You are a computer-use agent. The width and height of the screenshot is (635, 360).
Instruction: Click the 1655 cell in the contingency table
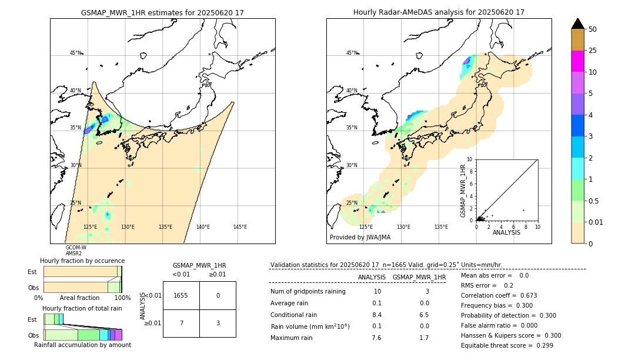pyautogui.click(x=181, y=296)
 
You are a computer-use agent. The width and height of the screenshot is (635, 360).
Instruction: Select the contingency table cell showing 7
pyautogui.click(x=181, y=323)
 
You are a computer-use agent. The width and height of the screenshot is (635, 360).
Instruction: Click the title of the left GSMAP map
pyautogui.click(x=162, y=12)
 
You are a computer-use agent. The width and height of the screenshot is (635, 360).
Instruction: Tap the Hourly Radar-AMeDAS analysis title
pyautogui.click(x=439, y=12)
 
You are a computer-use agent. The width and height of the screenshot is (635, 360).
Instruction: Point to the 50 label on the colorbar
pyautogui.click(x=593, y=29)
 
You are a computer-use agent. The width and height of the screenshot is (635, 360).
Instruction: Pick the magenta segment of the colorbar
pyautogui.click(x=578, y=61)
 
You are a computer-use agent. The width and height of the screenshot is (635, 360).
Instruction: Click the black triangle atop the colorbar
pyautogui.click(x=578, y=24)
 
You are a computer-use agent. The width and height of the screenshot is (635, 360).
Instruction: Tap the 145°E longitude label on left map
pyautogui.click(x=240, y=227)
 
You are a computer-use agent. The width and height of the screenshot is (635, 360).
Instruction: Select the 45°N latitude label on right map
pyautogui.click(x=352, y=53)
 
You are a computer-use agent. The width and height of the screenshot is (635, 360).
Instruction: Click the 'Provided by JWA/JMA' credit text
pyautogui.click(x=360, y=238)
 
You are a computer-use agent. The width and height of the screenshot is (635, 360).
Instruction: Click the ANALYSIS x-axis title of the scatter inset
pyautogui.click(x=506, y=233)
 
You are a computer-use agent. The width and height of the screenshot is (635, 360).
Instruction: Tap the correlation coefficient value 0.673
pyautogui.click(x=524, y=295)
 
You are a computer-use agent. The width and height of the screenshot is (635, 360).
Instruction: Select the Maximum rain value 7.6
pyautogui.click(x=376, y=338)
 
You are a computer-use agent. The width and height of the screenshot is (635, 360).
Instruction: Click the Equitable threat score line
pyautogui.click(x=507, y=345)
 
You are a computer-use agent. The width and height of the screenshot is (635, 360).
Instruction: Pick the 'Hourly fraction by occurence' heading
pyautogui.click(x=82, y=261)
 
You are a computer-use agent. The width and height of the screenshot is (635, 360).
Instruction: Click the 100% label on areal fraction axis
pyautogui.click(x=122, y=298)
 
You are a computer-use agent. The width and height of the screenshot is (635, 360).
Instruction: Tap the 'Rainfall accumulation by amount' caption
pyautogui.click(x=82, y=345)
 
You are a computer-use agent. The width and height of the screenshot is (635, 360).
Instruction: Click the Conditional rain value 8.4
pyautogui.click(x=376, y=315)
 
